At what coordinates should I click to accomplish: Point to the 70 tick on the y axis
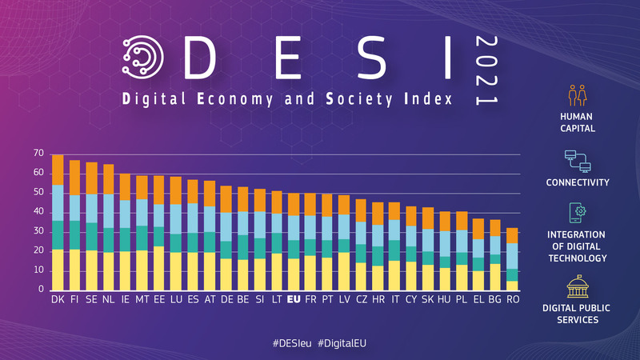[38, 154]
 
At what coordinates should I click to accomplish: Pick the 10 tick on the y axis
[38, 270]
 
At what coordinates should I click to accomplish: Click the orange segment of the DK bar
[58, 170]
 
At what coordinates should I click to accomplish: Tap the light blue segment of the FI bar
[74, 207]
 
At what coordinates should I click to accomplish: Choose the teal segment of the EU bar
[294, 249]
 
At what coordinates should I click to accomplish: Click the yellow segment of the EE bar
[158, 268]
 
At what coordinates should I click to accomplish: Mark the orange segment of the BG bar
[495, 228]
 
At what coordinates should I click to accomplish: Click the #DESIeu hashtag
[294, 342]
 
